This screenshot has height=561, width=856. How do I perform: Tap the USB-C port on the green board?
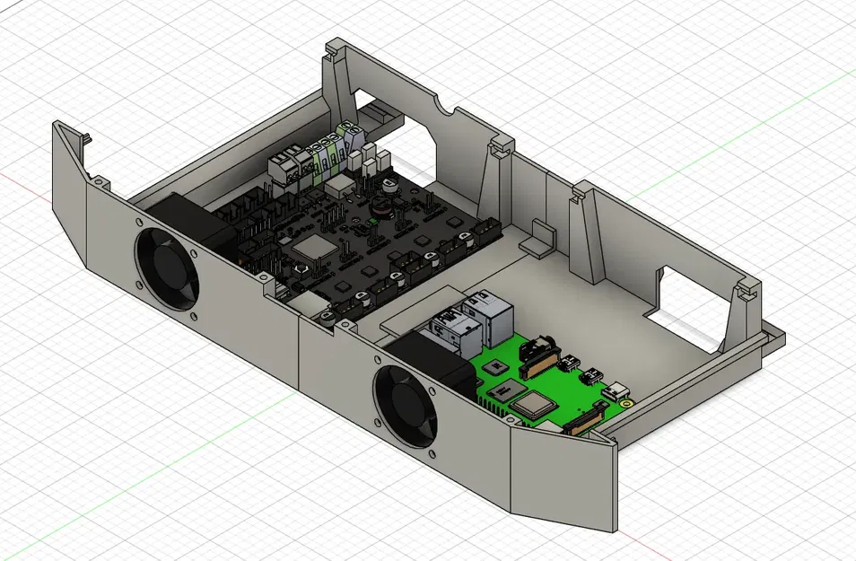point(618,390)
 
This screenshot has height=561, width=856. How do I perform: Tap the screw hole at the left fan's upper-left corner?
point(140,222)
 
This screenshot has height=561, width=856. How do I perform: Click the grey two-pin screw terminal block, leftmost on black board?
point(284,167)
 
